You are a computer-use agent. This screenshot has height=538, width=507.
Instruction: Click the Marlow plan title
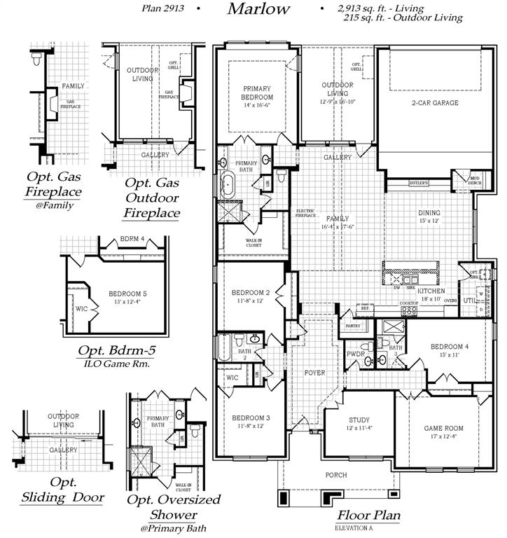click(x=258, y=9)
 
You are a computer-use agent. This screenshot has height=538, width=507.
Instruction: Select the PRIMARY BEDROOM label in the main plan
click(x=258, y=92)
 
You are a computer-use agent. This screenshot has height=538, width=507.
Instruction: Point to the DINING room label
click(x=429, y=213)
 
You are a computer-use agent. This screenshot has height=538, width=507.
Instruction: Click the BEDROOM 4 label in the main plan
click(x=450, y=347)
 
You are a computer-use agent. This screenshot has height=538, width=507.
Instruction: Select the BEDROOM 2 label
click(x=251, y=293)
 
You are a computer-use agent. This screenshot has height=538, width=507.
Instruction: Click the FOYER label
click(x=314, y=373)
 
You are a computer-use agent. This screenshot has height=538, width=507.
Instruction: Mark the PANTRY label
click(x=352, y=326)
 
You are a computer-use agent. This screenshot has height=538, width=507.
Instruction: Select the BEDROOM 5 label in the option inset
click(x=127, y=294)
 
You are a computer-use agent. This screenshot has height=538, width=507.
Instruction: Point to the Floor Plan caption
click(x=368, y=516)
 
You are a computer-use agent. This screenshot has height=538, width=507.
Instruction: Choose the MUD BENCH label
click(x=475, y=181)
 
